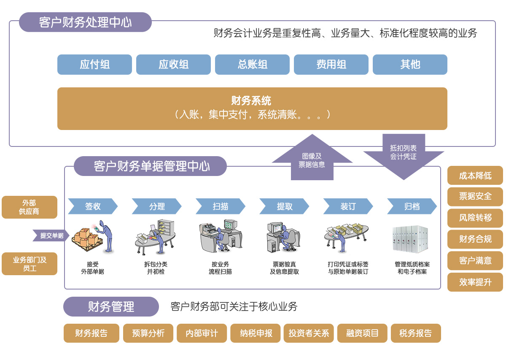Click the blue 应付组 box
[x=94, y=65]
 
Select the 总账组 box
[x=252, y=65]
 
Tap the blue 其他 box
[x=410, y=65]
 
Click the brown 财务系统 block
[x=252, y=108]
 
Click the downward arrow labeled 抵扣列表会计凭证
[x=404, y=156]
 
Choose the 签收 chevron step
[x=93, y=206]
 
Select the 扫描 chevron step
[x=221, y=206]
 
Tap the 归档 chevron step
[x=412, y=206]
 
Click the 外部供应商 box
[x=30, y=207]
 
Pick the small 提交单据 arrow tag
[x=51, y=235]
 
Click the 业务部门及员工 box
[x=30, y=264]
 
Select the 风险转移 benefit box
[x=475, y=218]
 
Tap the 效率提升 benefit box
[x=475, y=282]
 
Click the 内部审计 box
[x=202, y=333]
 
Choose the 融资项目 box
[x=362, y=333]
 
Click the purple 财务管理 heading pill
[x=111, y=307]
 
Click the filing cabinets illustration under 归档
[x=410, y=239]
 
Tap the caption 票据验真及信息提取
[x=284, y=268]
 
